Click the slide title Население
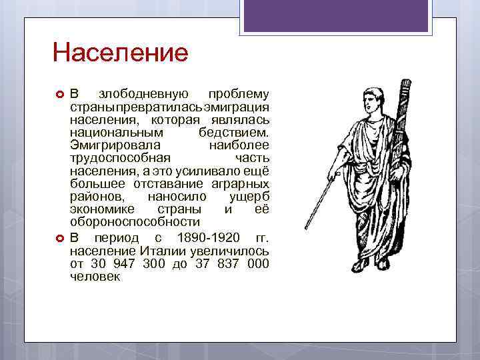[121, 52]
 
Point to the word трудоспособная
[121, 158]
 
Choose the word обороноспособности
[135, 221]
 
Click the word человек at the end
[95, 277]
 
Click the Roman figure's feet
[363, 267]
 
